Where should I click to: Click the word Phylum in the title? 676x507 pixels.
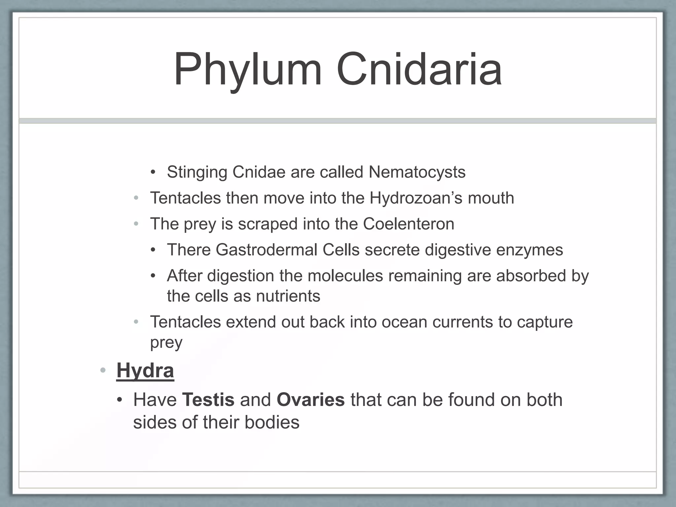click(x=248, y=70)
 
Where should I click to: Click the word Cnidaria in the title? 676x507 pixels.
click(x=419, y=70)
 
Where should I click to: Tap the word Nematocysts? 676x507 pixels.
click(x=417, y=172)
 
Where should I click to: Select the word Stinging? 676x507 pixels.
click(x=197, y=172)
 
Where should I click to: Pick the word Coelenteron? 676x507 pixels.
click(x=409, y=224)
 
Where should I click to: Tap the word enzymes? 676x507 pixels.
click(x=529, y=250)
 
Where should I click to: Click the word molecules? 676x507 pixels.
click(x=345, y=276)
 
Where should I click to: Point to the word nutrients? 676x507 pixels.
click(x=288, y=296)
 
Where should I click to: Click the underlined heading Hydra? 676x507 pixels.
click(x=145, y=371)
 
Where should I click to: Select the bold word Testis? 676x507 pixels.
click(x=208, y=400)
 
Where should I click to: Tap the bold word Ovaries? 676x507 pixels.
click(x=311, y=400)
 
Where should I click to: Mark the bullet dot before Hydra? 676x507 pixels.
click(x=103, y=370)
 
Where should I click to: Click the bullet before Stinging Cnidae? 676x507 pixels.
click(x=152, y=172)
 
